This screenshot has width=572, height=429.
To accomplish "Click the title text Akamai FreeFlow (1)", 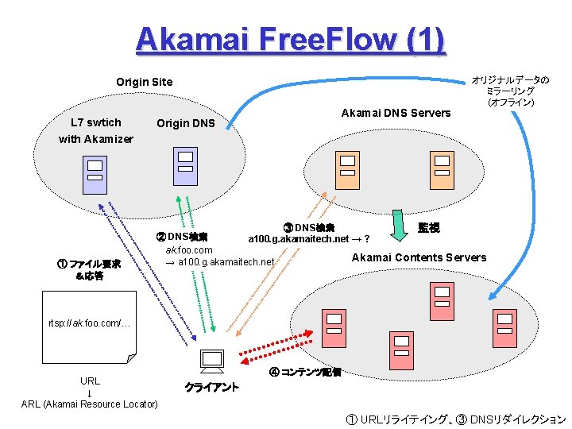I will click(x=290, y=39).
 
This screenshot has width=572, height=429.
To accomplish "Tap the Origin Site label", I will click(x=144, y=82).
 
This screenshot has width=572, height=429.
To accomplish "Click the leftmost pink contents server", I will click(x=334, y=326).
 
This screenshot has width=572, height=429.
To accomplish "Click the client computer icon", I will click(x=212, y=361).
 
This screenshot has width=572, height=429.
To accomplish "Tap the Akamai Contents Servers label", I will click(x=419, y=257).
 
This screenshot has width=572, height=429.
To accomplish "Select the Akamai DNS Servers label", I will click(x=395, y=113).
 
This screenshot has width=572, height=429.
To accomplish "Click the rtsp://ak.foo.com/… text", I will click(x=89, y=323).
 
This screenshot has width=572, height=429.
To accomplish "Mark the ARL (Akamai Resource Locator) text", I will click(x=89, y=404).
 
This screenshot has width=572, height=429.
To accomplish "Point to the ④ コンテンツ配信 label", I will click(x=305, y=372).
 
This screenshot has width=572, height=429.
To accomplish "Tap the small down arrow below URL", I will click(x=89, y=393).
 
